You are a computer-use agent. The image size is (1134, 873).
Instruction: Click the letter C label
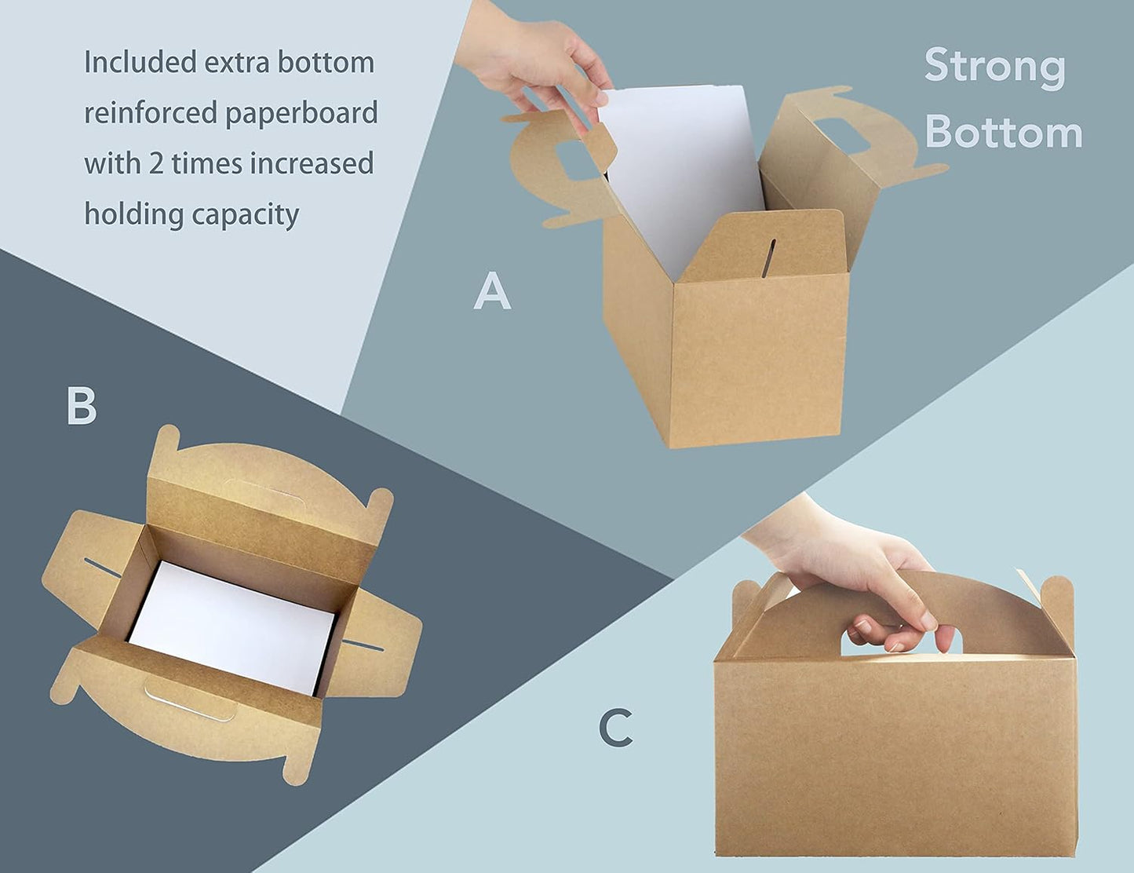[616, 728]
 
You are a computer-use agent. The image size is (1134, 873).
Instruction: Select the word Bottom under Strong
[1004, 132]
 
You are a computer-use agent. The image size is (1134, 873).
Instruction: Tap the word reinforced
[151, 113]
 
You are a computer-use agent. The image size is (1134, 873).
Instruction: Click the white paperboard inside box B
[232, 628]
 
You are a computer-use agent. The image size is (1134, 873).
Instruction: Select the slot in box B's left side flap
[104, 568]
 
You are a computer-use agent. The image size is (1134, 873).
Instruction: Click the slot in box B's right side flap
[363, 645]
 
